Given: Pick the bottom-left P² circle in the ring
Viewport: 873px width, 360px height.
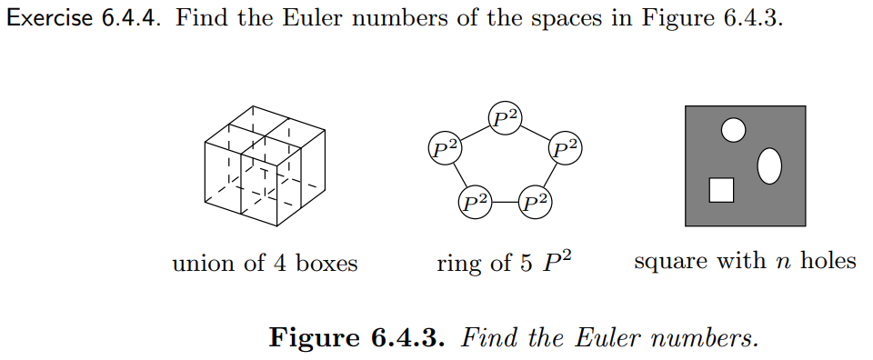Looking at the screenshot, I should [x=476, y=201].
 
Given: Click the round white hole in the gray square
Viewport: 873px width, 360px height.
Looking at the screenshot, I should [x=733, y=131].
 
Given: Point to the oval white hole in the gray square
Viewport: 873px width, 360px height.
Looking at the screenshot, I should [x=769, y=165].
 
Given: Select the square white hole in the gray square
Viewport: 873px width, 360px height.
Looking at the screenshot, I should [x=721, y=190].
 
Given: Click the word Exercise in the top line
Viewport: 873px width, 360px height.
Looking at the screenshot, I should [x=45, y=20].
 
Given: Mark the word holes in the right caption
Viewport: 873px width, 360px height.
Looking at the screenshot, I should [x=828, y=262].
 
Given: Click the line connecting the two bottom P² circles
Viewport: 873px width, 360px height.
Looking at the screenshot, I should [x=506, y=201].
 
